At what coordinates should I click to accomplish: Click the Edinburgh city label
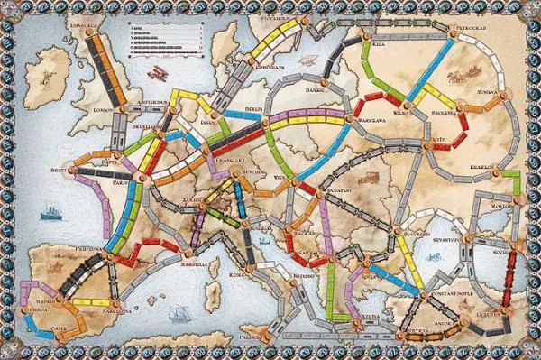tap(83, 26)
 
